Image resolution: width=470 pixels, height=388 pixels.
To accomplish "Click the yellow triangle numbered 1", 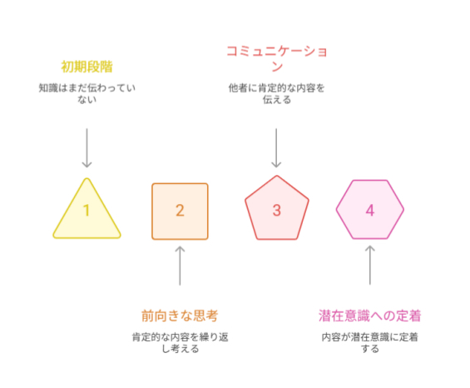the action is pyautogui.click(x=87, y=213).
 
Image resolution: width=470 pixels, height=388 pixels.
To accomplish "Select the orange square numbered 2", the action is pyautogui.click(x=180, y=211).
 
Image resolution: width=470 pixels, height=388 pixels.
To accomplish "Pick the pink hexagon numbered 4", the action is pyautogui.click(x=370, y=210).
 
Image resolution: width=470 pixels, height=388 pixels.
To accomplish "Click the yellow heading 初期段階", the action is pyautogui.click(x=87, y=67).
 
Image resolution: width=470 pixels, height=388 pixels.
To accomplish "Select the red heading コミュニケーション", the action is pyautogui.click(x=277, y=58).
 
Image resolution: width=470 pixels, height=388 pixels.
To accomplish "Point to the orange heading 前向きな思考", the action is pyautogui.click(x=180, y=316).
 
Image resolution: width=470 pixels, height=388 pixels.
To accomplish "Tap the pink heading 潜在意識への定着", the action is pyautogui.click(x=370, y=316).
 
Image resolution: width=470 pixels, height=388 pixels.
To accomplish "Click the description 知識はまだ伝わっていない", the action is pyautogui.click(x=87, y=93).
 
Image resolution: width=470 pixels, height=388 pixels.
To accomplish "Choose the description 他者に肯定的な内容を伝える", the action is pyautogui.click(x=277, y=93).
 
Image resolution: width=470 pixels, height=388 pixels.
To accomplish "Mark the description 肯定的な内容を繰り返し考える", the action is pyautogui.click(x=180, y=343).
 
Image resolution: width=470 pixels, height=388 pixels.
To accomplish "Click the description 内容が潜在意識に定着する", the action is pyautogui.click(x=370, y=343).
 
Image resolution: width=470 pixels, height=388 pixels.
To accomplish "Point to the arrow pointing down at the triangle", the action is pyautogui.click(x=87, y=148).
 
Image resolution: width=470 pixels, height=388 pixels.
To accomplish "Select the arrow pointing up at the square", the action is pyautogui.click(x=180, y=266).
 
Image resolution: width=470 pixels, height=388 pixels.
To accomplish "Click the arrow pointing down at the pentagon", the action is pyautogui.click(x=276, y=148).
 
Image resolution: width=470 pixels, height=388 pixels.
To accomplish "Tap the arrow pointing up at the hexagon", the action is pyautogui.click(x=370, y=265).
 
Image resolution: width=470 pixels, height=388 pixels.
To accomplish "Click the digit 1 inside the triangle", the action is pyautogui.click(x=87, y=210).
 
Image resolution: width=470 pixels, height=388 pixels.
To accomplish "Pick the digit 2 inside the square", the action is pyautogui.click(x=180, y=210).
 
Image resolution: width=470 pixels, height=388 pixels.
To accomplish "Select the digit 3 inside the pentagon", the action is pyautogui.click(x=277, y=210).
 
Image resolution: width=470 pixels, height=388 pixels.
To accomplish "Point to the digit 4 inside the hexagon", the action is pyautogui.click(x=370, y=210).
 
